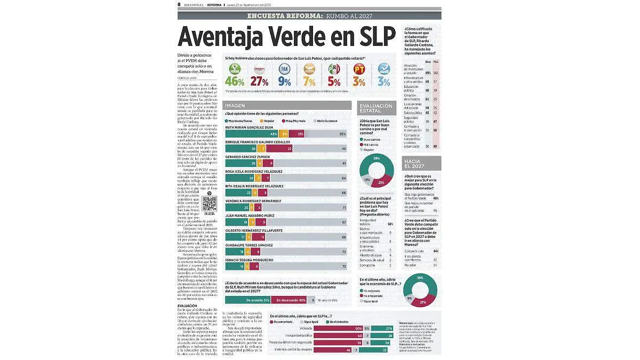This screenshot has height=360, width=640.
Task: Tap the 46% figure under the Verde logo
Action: [x=235, y=82]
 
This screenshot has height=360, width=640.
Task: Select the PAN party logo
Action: [x=285, y=69]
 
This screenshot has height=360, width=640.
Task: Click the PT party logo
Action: [x=359, y=69]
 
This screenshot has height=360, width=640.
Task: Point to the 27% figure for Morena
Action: [x=260, y=82]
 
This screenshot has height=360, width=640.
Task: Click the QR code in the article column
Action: [x=209, y=203]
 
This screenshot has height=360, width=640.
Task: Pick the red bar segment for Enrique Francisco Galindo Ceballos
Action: [x=288, y=149]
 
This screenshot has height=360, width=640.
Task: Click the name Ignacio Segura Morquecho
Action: [x=249, y=260]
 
